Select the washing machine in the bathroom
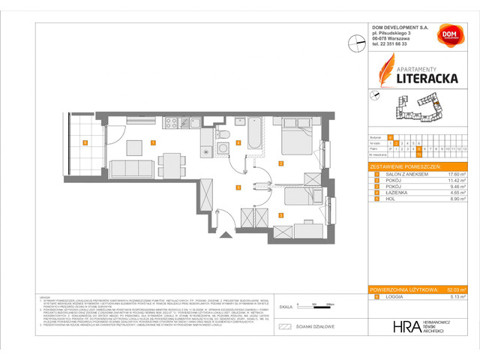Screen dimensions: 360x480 point(223,151)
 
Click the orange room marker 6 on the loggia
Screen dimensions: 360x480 point(85,142)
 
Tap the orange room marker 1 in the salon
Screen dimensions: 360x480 point(153,142)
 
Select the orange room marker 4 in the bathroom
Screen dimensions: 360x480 point(238,142)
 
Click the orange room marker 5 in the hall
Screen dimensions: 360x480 point(238,187)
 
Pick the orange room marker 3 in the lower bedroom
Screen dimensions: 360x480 point(281,215)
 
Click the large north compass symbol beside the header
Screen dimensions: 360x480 point(355,43)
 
